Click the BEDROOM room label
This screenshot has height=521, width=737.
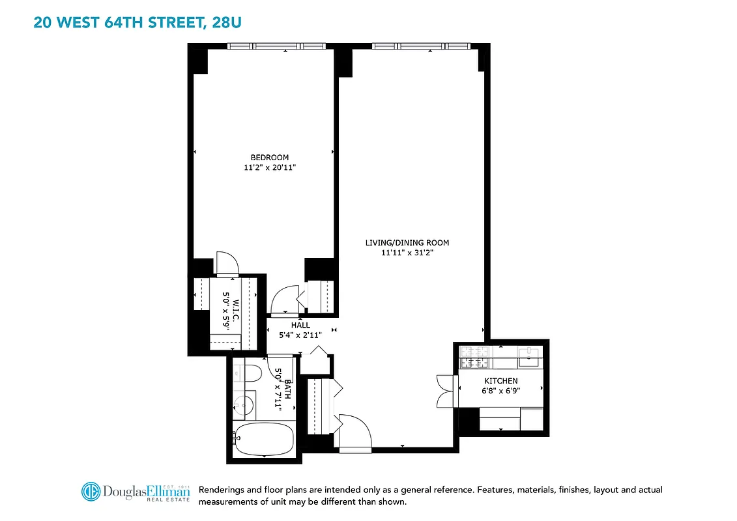click(270, 158)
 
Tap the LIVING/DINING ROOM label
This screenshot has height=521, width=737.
click(407, 243)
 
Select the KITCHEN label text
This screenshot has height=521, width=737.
click(500, 381)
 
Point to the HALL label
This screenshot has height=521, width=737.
click(301, 325)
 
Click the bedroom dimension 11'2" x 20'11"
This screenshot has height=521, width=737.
click(270, 167)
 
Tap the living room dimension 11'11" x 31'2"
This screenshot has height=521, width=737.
click(407, 253)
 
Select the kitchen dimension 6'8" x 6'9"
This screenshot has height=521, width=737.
click(500, 391)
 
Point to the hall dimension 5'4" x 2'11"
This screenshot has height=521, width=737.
click(301, 335)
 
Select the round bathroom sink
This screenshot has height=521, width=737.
click(245, 404)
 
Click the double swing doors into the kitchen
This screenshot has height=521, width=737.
click(445, 391)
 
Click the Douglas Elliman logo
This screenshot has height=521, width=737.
click(136, 492)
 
